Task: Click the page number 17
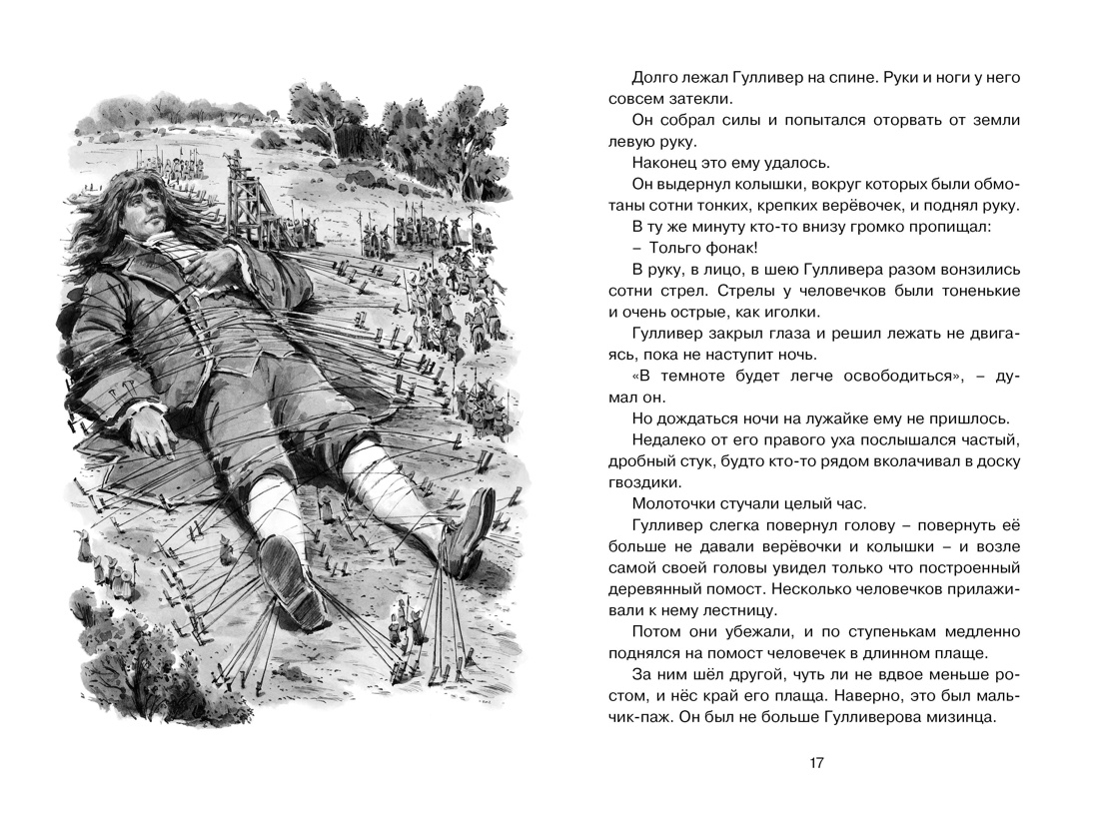click(x=816, y=763)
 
